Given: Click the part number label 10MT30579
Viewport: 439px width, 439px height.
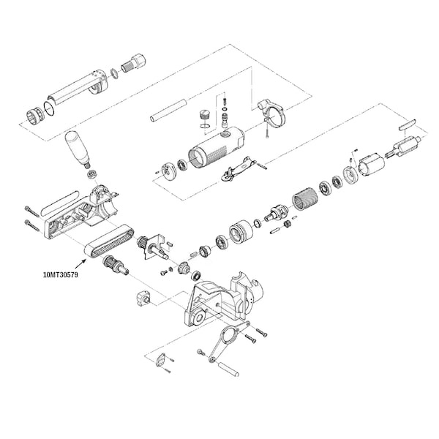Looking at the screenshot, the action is click(61, 274).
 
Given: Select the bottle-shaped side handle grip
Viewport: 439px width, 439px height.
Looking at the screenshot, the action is click(78, 149).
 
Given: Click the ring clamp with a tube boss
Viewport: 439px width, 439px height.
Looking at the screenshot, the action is click(271, 113).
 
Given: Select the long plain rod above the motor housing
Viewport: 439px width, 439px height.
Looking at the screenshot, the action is click(168, 110).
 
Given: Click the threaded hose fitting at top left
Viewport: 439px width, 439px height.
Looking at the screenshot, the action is click(134, 63).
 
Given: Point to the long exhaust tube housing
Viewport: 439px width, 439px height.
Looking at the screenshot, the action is click(78, 89).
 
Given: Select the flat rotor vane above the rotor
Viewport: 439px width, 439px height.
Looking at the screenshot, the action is click(408, 124).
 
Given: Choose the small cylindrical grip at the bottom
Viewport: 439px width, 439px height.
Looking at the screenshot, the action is click(229, 369).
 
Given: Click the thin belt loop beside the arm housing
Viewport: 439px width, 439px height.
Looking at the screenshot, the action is click(60, 203).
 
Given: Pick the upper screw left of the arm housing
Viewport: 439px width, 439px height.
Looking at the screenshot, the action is click(31, 211).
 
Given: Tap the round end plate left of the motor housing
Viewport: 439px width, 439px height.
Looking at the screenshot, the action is click(169, 170).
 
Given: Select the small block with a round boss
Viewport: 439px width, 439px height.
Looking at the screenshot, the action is click(144, 299).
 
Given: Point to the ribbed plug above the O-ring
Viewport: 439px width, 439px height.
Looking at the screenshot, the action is click(204, 116).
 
